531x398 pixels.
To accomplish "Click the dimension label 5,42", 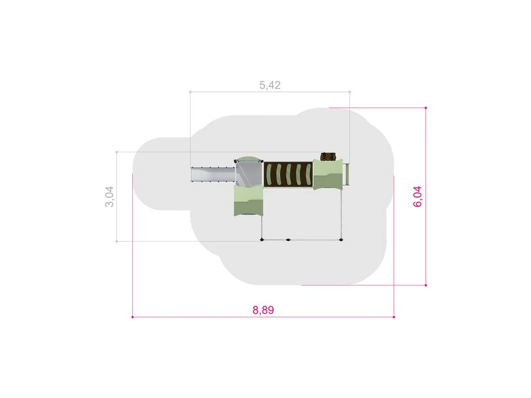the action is pyautogui.click(x=270, y=85).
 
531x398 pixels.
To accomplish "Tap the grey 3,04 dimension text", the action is pyautogui.click(x=109, y=196).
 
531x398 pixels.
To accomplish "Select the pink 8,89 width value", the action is pyautogui.click(x=263, y=310).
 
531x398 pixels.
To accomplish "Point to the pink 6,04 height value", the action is pyautogui.click(x=418, y=196).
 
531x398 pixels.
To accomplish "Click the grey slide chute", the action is pyautogui.click(x=213, y=175).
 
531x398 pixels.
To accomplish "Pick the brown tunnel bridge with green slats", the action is pyautogui.click(x=288, y=175).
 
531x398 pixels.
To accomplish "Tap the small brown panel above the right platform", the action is pyautogui.click(x=328, y=156).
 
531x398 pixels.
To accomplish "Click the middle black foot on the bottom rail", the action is pyautogui.click(x=288, y=240).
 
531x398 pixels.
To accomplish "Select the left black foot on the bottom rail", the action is pyautogui.click(x=261, y=240).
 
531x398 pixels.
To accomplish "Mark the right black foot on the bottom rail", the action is pyautogui.click(x=340, y=240).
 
